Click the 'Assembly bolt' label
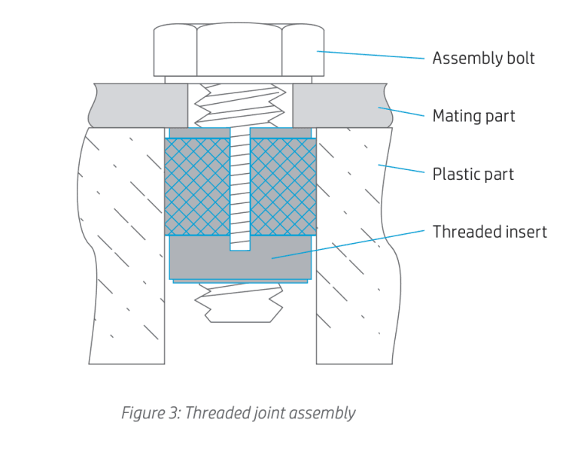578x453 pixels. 482,59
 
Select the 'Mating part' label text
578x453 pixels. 473,117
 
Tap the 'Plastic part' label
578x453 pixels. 473,175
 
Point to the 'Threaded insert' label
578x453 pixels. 489,232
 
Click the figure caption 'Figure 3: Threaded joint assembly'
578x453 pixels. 238,413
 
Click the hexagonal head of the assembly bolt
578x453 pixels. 239,50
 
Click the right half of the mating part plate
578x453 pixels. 339,105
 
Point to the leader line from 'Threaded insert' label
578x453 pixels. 354,244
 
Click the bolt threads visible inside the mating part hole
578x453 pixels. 240,105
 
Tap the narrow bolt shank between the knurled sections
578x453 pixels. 240,188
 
